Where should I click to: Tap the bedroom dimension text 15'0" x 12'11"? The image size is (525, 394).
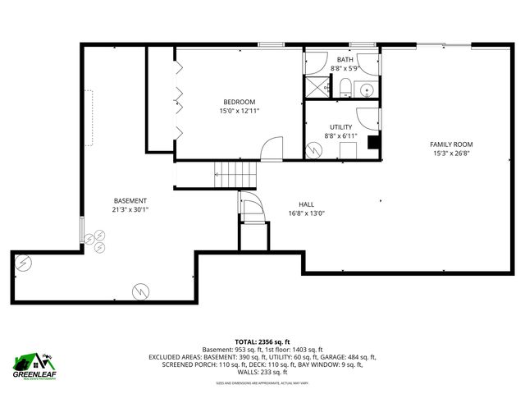coord(239,111)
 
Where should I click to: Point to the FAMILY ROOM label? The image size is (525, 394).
coord(451,144)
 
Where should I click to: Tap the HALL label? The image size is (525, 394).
coord(306,204)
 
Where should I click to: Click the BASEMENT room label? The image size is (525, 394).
coord(130,200)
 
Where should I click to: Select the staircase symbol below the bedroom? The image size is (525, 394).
coord(235,173)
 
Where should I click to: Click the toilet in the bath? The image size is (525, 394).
coord(345,87)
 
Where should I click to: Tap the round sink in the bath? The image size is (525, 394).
coord(367,89)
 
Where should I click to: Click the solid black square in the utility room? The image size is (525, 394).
coord(373,145)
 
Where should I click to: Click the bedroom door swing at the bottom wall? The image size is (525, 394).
coord(272,148)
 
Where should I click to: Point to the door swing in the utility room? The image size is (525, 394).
coord(367,117)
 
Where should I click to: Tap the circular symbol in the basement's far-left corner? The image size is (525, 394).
coord(25,263)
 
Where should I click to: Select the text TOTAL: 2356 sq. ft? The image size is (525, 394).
coord(262,341)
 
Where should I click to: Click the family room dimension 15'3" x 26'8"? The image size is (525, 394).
coord(451,153)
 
